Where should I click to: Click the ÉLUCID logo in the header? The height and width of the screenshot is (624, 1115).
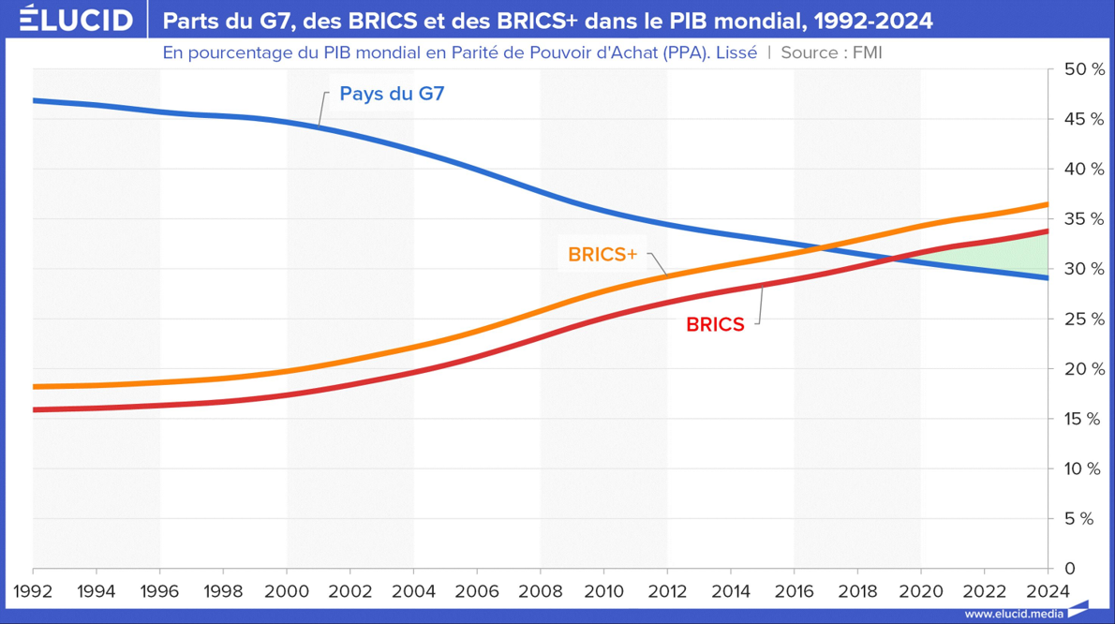click(77, 20)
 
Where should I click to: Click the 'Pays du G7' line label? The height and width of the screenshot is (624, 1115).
click(391, 94)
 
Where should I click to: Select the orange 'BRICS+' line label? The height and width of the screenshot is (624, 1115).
click(602, 254)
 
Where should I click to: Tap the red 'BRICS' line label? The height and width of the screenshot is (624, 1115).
click(715, 325)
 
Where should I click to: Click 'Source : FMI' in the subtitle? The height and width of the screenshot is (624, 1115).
click(831, 53)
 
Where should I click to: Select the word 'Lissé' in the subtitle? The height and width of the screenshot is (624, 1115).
click(736, 53)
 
